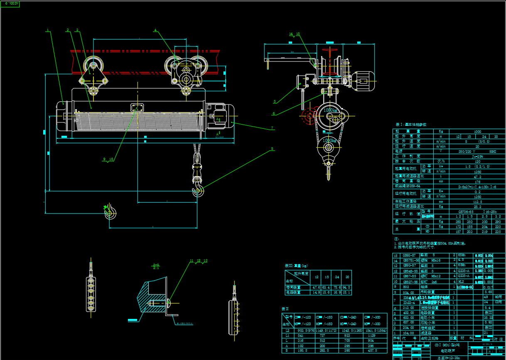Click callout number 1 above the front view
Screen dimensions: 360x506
click(48, 30)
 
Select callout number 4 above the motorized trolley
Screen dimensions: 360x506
click(155, 30)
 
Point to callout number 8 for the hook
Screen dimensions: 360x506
click(272, 149)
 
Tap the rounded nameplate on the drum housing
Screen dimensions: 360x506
click(137, 108)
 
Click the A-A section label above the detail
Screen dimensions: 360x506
click(156, 266)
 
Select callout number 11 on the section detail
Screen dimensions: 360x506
click(192, 261)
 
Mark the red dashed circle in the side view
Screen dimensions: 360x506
click(309, 116)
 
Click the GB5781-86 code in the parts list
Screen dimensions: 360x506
click(411, 260)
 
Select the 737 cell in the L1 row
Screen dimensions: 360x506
click(322, 336)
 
